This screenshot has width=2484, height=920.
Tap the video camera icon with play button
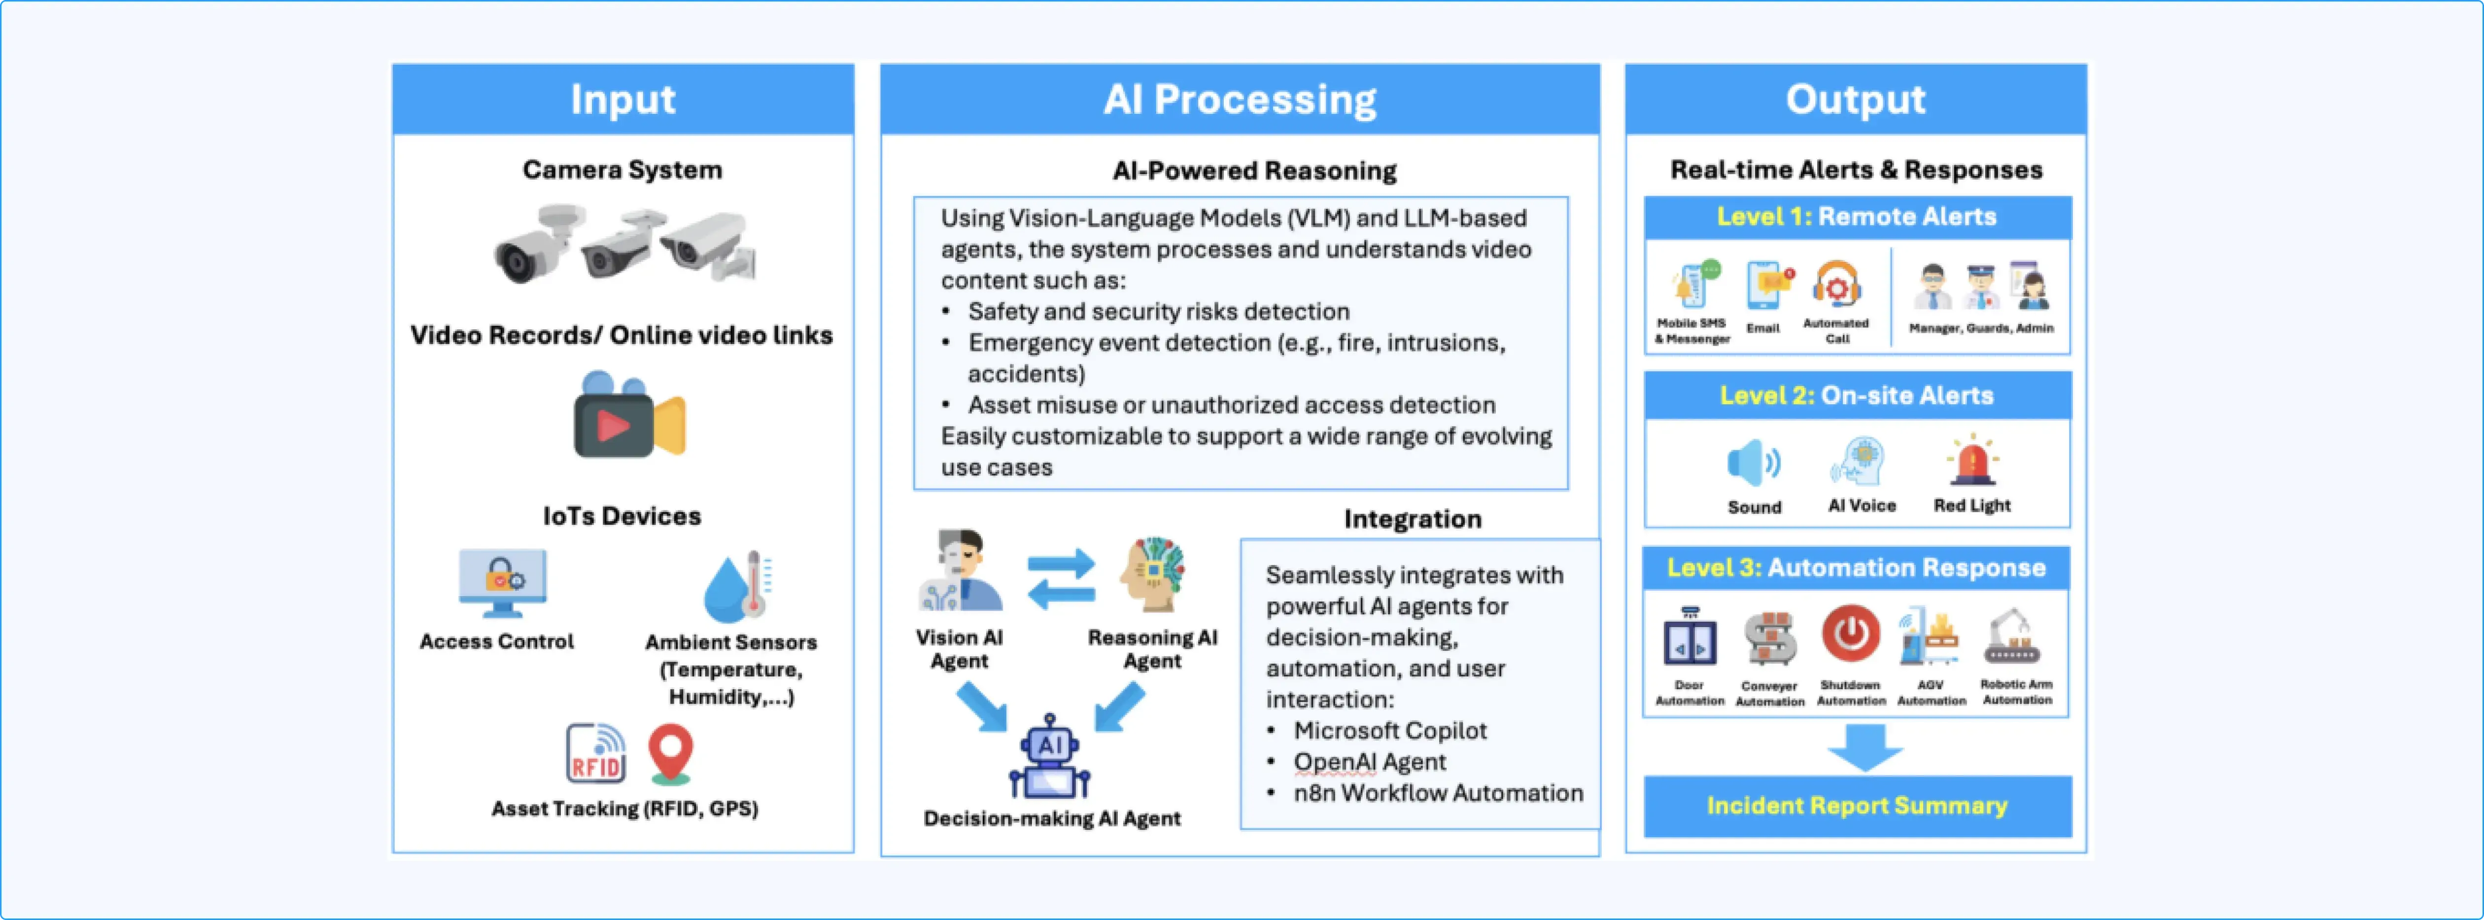(629, 417)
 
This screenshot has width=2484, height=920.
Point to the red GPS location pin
(670, 752)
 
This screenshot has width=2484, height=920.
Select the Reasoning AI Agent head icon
(1152, 575)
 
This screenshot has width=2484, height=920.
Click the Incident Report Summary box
(1856, 805)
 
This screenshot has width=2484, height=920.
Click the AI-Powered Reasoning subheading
(1253, 171)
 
